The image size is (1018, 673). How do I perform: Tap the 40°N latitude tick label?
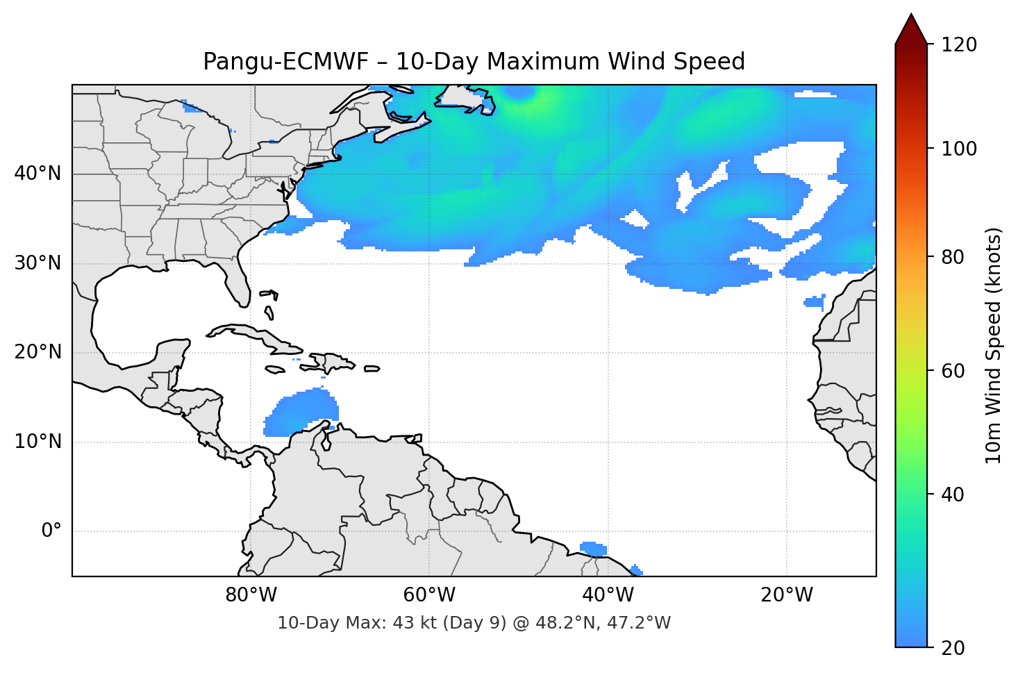(x=37, y=174)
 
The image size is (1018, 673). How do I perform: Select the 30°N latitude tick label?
(x=37, y=263)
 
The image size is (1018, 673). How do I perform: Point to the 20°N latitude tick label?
(x=37, y=352)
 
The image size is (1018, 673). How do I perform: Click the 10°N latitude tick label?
(x=37, y=442)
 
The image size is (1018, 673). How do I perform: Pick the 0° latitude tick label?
(x=51, y=531)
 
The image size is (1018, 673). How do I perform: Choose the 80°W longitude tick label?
(x=251, y=595)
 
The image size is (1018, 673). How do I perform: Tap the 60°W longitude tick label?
(x=429, y=595)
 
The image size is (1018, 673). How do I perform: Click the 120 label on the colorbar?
(x=959, y=44)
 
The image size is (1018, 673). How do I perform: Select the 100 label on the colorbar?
(x=959, y=149)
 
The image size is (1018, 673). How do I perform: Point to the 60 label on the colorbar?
(x=952, y=371)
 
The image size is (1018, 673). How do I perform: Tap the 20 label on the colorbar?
(x=952, y=647)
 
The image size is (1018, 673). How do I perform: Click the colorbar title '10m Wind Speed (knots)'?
(x=994, y=345)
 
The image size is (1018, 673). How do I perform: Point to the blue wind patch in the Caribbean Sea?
(x=302, y=413)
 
